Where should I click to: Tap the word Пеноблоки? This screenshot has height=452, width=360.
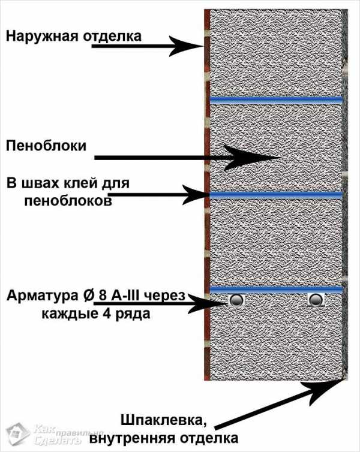[46, 146]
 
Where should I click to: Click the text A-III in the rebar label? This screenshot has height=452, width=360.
[124, 296]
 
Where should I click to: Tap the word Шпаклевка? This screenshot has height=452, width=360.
[164, 421]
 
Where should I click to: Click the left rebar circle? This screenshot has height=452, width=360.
[236, 300]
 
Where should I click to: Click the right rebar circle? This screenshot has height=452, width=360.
[316, 300]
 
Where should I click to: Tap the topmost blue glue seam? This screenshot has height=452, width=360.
[276, 100]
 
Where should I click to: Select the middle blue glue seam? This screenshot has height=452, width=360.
[276, 195]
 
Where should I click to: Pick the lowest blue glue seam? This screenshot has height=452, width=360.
[276, 289]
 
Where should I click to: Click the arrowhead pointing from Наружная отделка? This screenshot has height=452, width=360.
[187, 46]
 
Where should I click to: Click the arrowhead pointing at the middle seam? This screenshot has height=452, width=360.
[196, 195]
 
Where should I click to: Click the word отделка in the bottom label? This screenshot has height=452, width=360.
[209, 438]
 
